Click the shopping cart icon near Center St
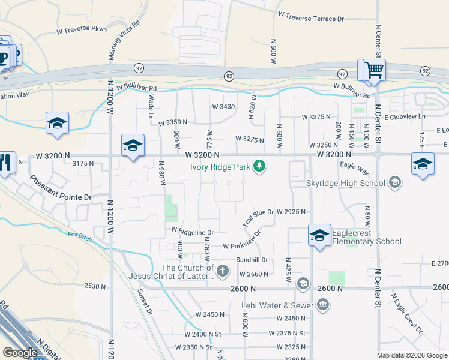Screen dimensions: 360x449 tap(373, 70)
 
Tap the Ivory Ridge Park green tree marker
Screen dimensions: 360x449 tap(259, 166)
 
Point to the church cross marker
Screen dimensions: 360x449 tap(222, 272)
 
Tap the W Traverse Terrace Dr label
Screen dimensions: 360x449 tap(311, 19)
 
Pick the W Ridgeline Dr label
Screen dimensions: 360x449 tap(192, 231)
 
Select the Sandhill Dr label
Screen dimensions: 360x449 tap(251, 260)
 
